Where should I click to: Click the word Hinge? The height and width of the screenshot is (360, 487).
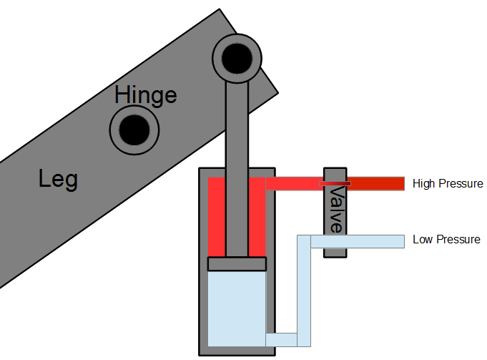click(x=146, y=95)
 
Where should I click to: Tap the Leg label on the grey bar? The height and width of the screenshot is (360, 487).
click(x=59, y=179)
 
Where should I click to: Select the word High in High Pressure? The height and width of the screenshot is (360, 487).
click(x=425, y=184)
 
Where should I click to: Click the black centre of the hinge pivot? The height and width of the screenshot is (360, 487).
click(x=134, y=130)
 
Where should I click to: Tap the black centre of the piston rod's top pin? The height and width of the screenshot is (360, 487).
click(x=237, y=57)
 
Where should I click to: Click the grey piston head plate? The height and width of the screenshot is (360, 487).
click(x=237, y=264)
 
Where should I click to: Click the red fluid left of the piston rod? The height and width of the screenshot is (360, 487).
click(x=217, y=218)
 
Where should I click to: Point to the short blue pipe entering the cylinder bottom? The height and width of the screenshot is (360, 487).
click(x=281, y=339)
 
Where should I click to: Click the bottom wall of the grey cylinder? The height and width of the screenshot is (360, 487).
click(x=237, y=351)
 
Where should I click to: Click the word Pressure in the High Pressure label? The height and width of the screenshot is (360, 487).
click(x=461, y=184)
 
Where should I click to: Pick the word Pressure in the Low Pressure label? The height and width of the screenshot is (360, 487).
click(x=458, y=240)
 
